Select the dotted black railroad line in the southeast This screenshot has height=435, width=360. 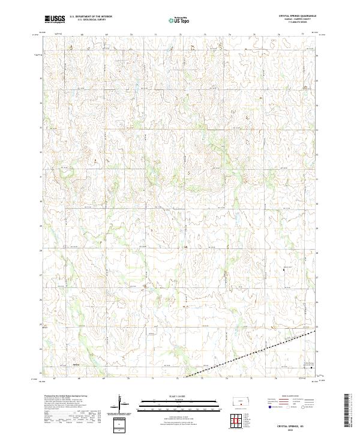[x=252, y=355]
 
